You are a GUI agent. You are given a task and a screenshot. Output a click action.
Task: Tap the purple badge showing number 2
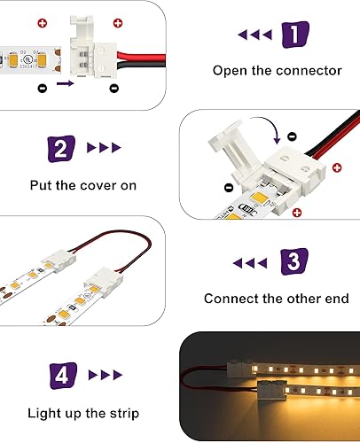tap(60, 149)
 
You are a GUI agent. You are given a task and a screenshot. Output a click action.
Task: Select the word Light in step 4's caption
tap(45, 413)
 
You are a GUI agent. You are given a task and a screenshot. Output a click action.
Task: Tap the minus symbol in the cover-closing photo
tap(229, 188)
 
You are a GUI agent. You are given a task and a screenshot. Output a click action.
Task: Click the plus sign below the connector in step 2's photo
tap(296, 212)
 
